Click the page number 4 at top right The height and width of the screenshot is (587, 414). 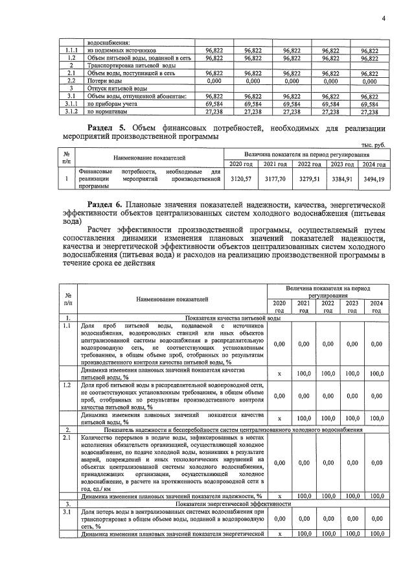(383, 18)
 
